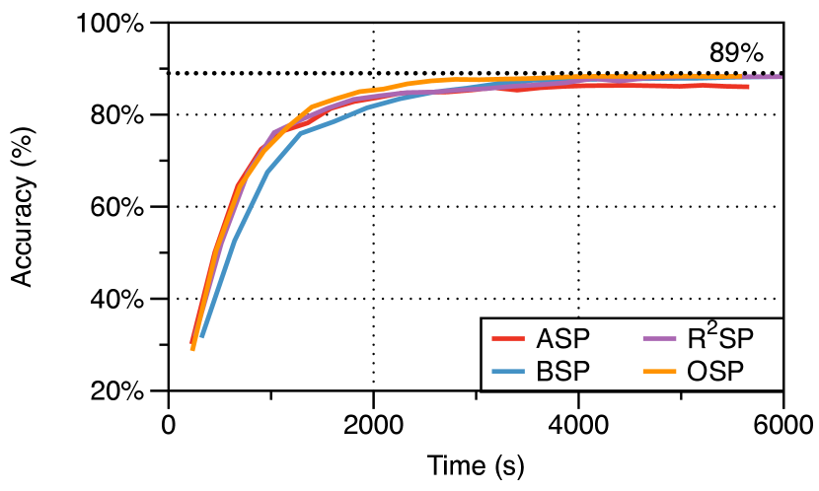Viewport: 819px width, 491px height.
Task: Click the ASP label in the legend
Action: point(562,339)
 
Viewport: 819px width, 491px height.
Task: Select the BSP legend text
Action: point(562,372)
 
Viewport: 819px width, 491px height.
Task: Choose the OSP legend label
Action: point(714,372)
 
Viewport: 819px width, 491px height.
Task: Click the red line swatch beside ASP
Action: point(507,339)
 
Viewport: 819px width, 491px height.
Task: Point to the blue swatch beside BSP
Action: point(507,372)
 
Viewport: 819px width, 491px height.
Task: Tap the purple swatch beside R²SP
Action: point(658,339)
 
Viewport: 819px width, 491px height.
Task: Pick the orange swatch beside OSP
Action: point(658,372)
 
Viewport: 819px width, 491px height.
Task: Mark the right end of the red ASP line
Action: point(748,87)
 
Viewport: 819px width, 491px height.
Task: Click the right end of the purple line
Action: point(781,77)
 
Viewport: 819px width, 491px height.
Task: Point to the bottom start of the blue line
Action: point(201,337)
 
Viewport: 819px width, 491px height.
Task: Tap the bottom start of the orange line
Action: point(192,349)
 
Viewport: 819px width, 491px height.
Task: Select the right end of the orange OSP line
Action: point(740,76)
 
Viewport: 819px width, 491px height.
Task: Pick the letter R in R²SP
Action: point(697,340)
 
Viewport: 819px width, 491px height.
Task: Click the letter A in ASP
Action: point(545,339)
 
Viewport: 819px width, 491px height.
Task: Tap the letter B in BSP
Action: point(545,372)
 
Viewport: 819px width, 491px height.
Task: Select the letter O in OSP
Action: point(697,372)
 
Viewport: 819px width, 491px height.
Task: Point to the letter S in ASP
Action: point(562,339)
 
